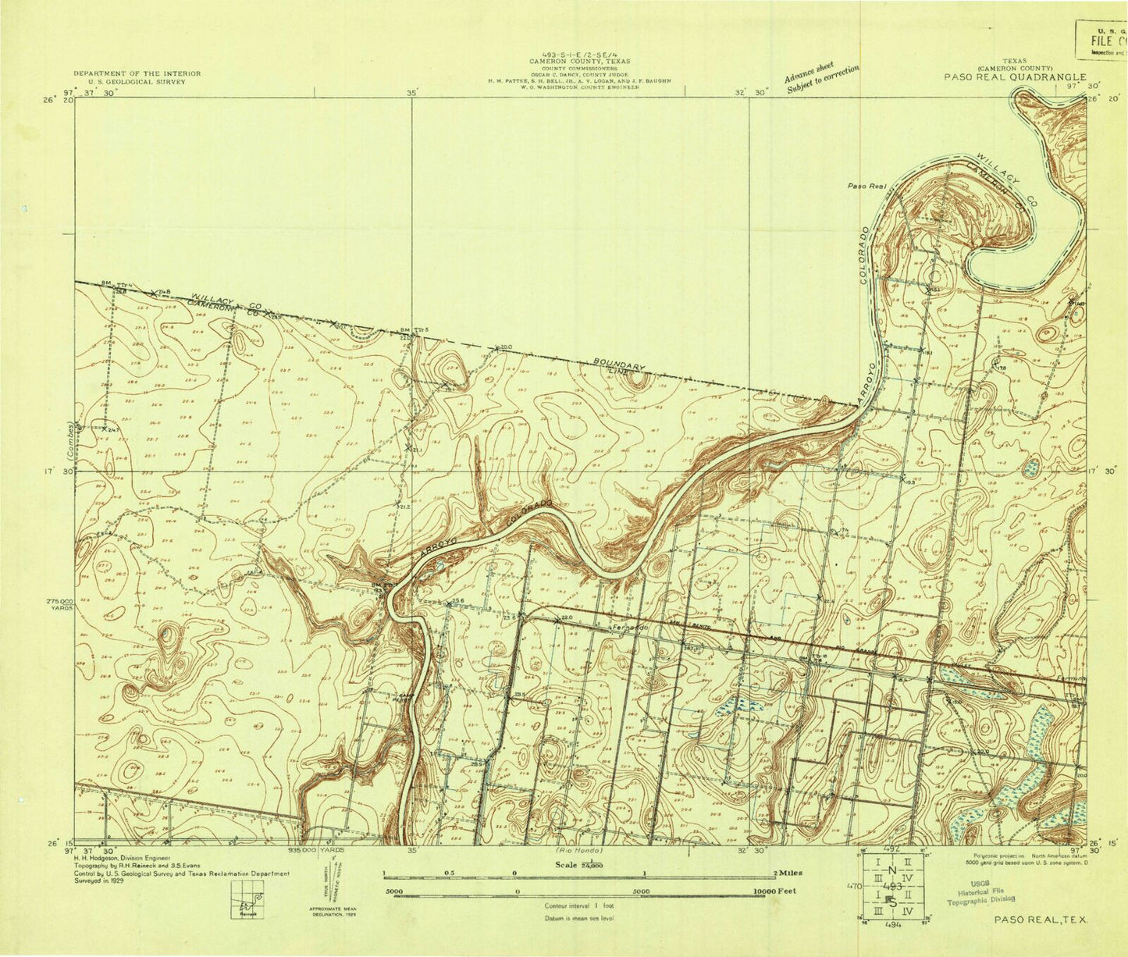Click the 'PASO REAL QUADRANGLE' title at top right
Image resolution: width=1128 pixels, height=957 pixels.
pyautogui.click(x=1015, y=76)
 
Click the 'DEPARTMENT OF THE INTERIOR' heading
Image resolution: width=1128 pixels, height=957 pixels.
pyautogui.click(x=137, y=73)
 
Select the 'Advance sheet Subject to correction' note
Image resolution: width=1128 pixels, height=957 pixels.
pyautogui.click(x=821, y=78)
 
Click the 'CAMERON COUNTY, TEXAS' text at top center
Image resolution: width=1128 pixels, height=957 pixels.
pyautogui.click(x=579, y=61)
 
